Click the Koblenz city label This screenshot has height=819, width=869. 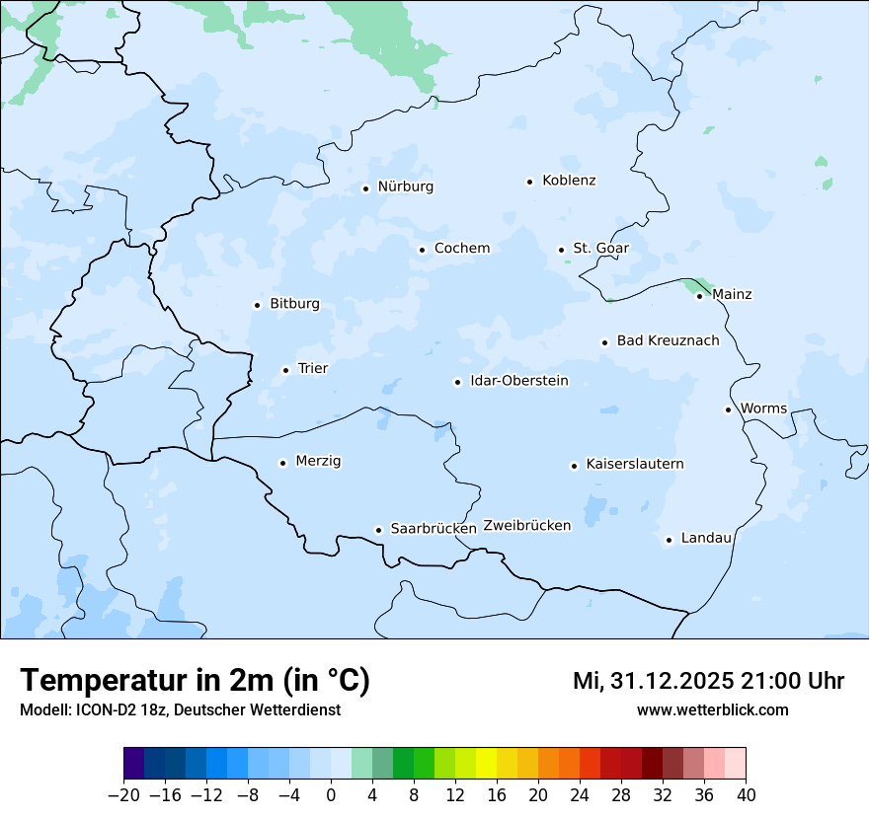pyautogui.click(x=569, y=181)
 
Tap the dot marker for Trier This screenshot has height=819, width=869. pyautogui.click(x=285, y=370)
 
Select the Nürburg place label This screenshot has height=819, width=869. pyautogui.click(x=405, y=186)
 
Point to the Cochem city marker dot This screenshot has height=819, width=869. pyautogui.click(x=422, y=250)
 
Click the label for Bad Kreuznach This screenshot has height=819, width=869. pyautogui.click(x=668, y=340)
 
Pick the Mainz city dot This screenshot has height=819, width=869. pyautogui.click(x=699, y=296)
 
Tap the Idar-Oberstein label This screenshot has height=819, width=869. pyautogui.click(x=518, y=381)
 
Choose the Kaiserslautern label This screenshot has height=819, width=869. pyautogui.click(x=634, y=464)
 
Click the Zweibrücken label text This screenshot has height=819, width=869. pyautogui.click(x=526, y=525)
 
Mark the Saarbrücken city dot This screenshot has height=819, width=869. pyautogui.click(x=378, y=530)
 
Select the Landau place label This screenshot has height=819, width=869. pyautogui.click(x=706, y=538)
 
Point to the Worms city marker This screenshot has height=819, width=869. pyautogui.click(x=728, y=409)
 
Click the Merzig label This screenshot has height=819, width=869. pyautogui.click(x=318, y=461)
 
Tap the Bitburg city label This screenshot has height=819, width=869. pyautogui.click(x=294, y=304)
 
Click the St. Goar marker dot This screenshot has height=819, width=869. pyautogui.click(x=561, y=250)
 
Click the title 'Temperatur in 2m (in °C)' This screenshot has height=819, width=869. pyautogui.click(x=195, y=680)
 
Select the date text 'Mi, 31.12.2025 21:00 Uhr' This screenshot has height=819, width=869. pyautogui.click(x=708, y=681)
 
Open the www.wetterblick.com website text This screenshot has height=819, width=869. pyautogui.click(x=712, y=709)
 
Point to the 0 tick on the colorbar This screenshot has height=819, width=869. pyautogui.click(x=331, y=795)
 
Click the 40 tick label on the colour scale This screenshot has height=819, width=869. pyautogui.click(x=746, y=795)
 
